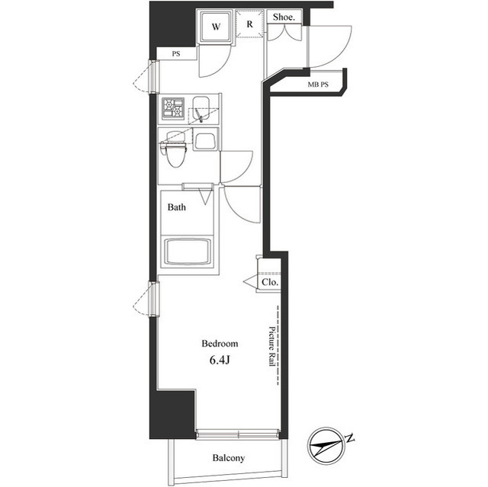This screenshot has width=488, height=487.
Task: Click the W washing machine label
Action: click(x=216, y=27)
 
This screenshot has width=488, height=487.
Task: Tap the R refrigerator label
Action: click(x=249, y=24)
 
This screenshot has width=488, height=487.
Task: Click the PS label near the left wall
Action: click(x=175, y=54)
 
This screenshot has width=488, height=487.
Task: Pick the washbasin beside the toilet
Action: click(x=205, y=139)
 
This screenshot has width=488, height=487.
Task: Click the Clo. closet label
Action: click(x=270, y=282)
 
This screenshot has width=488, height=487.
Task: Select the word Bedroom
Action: click(x=220, y=343)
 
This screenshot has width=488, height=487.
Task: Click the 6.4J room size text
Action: click(x=220, y=360)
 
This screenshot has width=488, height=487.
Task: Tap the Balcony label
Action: click(x=227, y=458)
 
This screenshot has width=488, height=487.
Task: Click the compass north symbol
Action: click(x=329, y=442)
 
